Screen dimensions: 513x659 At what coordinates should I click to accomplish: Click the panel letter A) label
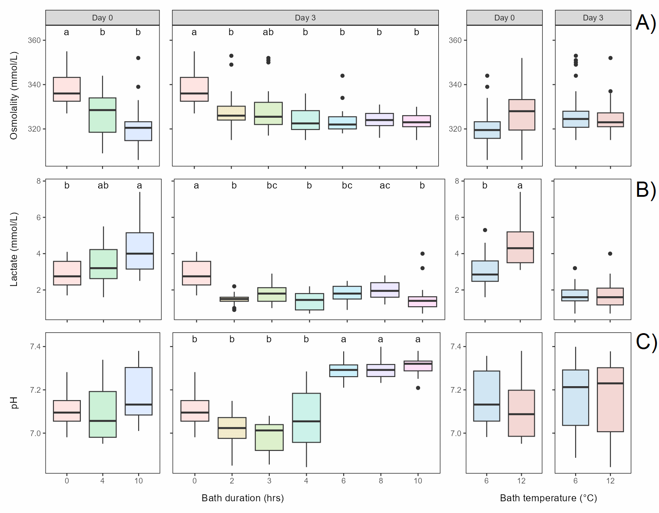[646, 23]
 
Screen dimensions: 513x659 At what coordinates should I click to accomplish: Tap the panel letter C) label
[646, 342]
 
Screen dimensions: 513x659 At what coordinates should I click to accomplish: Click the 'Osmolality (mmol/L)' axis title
[14, 96]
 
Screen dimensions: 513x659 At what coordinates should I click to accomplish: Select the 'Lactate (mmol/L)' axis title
[14, 249]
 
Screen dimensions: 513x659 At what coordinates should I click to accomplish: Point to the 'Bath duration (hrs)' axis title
[242, 498]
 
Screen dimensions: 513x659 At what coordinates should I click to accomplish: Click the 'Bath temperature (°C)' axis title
[548, 498]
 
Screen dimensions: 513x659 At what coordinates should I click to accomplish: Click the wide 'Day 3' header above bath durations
[305, 18]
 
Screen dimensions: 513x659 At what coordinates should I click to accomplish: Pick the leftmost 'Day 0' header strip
[103, 18]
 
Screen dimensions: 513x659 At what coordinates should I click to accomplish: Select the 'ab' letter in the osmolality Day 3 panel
[268, 32]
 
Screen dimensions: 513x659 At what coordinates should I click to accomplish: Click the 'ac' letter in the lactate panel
[384, 185]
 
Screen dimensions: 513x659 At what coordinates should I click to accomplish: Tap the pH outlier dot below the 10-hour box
[418, 388]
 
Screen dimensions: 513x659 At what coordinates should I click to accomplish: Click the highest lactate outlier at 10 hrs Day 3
[423, 254]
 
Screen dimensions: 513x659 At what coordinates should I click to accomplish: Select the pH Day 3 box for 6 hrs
[344, 371]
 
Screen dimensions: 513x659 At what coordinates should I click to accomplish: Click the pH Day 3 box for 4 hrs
[306, 417]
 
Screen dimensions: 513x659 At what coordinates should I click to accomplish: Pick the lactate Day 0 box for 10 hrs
[139, 251]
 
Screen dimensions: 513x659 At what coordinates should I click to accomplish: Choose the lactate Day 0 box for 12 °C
[520, 247]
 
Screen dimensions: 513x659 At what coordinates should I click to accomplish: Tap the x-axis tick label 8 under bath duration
[381, 481]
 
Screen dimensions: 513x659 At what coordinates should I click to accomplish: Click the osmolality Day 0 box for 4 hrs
[103, 115]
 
